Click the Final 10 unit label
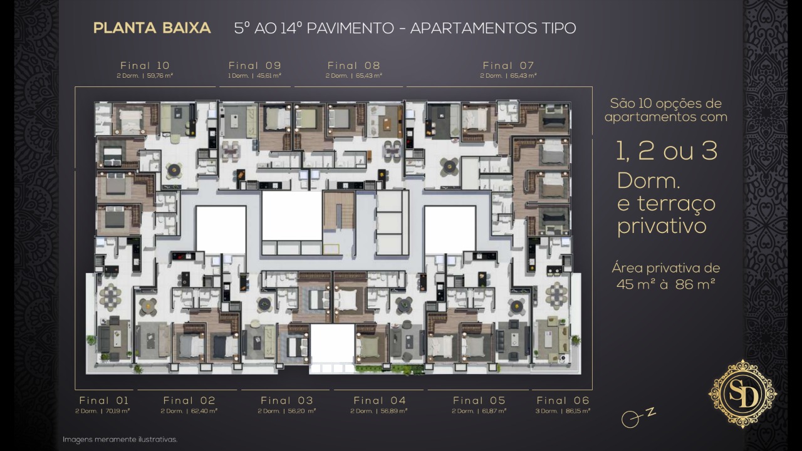145,66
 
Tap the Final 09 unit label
254,66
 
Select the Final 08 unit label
354,66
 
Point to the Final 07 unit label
508,66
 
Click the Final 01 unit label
104,400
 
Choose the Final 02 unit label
189,400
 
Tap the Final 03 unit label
287,400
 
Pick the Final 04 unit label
380,400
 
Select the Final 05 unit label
479,400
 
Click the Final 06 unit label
563,400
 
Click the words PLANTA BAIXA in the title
152,28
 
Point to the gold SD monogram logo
742,394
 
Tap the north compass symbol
638,417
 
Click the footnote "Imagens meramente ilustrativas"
120,439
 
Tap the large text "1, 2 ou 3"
667,151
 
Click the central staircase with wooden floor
339,211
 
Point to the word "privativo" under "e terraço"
662,227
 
